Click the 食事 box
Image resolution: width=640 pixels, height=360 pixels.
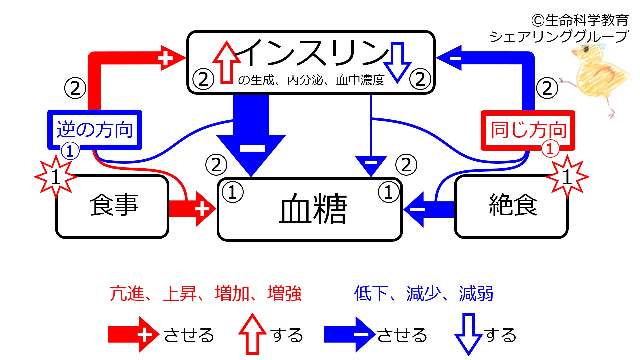click(x=112, y=207)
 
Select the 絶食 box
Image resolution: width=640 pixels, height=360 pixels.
click(x=511, y=207)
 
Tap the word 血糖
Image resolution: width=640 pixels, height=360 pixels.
click(x=313, y=209)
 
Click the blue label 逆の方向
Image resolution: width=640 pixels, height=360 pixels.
click(x=95, y=130)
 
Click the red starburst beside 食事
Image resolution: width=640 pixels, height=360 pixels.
click(x=56, y=176)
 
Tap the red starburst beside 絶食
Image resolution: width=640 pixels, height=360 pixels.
click(x=567, y=176)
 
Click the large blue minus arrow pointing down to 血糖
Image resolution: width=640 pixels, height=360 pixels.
click(x=251, y=135)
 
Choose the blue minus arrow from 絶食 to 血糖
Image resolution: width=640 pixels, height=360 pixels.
click(x=429, y=209)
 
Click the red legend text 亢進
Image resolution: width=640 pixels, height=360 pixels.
click(x=127, y=294)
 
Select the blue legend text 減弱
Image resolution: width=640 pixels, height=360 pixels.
click(x=476, y=294)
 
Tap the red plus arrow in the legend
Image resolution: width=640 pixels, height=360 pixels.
click(x=134, y=334)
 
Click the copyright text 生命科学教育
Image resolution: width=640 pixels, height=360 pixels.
click(x=587, y=20)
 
